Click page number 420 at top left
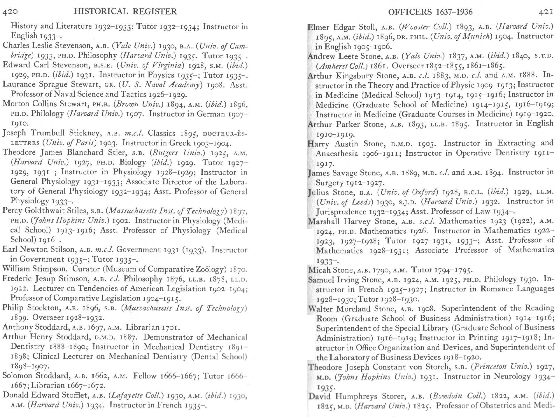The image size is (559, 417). point(10,12)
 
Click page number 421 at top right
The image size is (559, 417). point(545,12)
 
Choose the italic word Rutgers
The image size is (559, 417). point(164,153)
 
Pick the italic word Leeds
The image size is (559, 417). point(362,202)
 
